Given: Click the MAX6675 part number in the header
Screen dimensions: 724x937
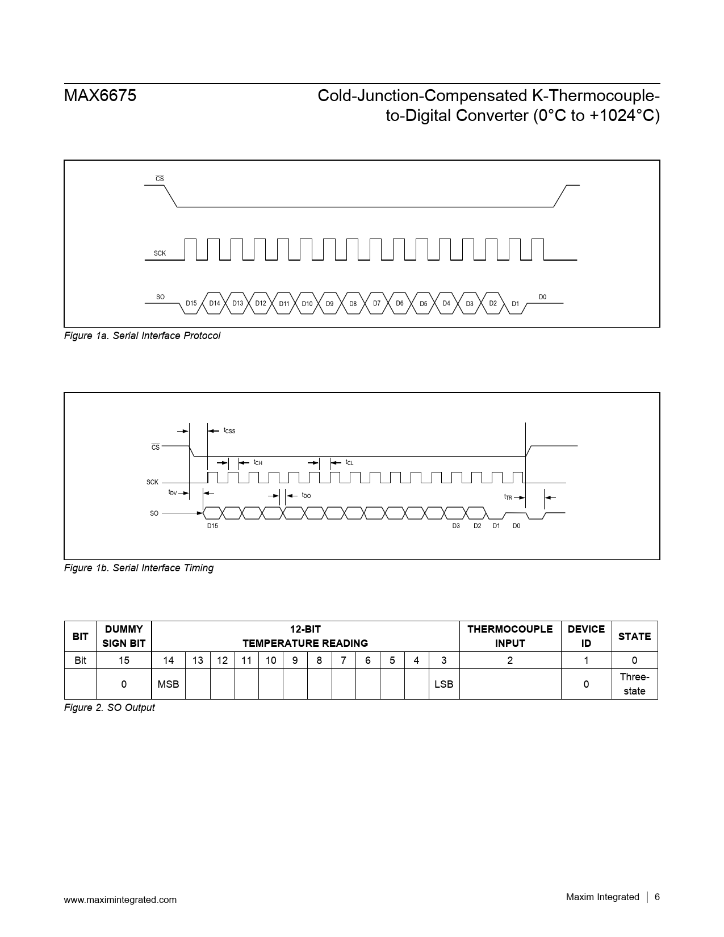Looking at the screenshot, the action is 100,96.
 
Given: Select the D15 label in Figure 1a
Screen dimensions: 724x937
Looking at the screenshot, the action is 191,303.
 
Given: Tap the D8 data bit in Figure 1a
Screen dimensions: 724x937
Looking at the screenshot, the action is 353,304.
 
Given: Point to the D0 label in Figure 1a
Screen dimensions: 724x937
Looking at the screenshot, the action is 542,297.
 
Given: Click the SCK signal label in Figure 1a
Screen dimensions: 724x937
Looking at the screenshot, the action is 160,253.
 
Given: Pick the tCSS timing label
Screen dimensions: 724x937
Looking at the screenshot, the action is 229,431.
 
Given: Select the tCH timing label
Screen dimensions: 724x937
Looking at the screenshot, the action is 258,463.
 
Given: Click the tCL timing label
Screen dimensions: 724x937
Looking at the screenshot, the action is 349,463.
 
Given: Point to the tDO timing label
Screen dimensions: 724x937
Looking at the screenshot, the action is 306,495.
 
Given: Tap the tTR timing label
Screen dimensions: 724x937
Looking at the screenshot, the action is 508,497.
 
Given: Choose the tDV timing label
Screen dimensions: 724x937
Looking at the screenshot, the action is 173,492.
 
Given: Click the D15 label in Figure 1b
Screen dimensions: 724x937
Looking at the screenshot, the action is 212,526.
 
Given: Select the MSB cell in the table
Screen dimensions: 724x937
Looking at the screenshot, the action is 168,684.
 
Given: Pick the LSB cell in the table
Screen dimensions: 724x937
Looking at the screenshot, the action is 443,684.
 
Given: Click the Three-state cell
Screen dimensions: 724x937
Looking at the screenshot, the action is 634,684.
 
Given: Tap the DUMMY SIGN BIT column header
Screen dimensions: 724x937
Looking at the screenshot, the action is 124,636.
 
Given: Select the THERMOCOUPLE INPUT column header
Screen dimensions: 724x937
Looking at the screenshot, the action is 510,636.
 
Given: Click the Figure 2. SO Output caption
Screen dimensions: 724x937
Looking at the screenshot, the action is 109,708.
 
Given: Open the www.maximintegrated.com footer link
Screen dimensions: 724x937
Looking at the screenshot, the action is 120,900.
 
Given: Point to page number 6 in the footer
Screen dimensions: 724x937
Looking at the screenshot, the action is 657,897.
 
